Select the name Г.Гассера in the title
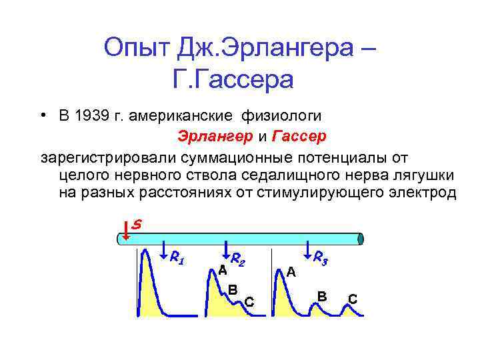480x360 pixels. tap(233, 79)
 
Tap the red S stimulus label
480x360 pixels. tap(136, 225)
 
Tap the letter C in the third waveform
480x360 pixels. tap(352, 299)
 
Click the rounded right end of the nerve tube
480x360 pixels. tap(360, 239)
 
